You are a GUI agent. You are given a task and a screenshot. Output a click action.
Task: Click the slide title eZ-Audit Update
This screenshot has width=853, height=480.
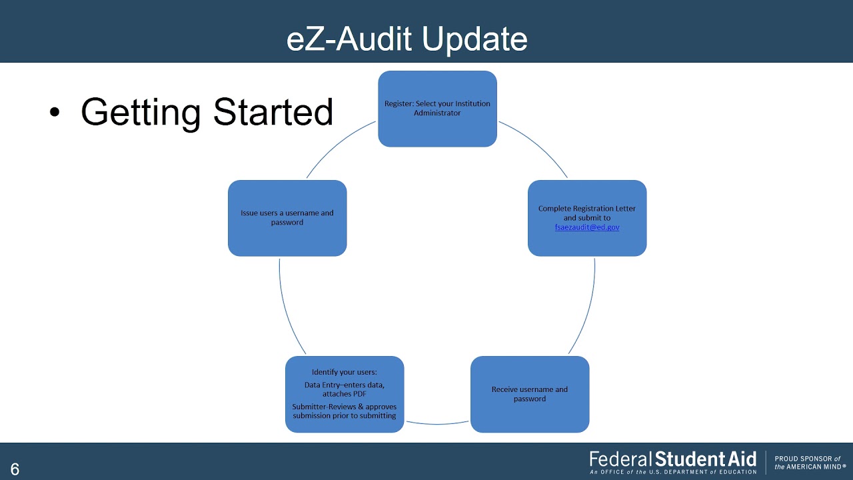[x=407, y=39]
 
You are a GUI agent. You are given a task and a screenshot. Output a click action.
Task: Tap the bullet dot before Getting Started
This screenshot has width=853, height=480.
[x=55, y=113]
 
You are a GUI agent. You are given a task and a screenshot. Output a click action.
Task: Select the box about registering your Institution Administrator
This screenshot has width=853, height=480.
[x=437, y=109]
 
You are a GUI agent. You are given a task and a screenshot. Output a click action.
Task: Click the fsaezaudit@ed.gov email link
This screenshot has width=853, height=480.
[x=587, y=227]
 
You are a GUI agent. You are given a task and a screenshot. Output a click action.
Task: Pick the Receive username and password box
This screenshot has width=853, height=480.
[x=530, y=394]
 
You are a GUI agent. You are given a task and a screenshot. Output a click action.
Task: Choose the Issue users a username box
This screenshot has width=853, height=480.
[x=287, y=218]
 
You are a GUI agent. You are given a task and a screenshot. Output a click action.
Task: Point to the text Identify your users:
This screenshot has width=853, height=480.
[x=345, y=372]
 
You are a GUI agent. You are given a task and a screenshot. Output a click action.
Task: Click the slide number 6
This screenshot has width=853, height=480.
[x=15, y=469]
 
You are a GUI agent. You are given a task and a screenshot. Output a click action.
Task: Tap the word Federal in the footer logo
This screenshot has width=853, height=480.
[x=620, y=459]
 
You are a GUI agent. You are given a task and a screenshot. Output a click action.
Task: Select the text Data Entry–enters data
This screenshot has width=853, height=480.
[x=345, y=385]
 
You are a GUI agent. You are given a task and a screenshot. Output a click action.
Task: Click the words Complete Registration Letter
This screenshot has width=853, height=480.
[x=587, y=209]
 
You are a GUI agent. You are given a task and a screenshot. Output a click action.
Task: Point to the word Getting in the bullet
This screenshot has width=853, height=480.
[x=140, y=112]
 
